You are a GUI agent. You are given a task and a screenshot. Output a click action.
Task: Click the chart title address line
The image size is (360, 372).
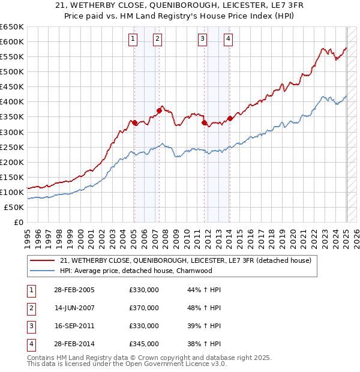point(179,6)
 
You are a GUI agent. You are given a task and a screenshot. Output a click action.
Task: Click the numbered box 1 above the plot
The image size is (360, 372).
point(133,40)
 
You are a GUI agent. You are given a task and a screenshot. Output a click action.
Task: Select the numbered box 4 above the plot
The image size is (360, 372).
point(229,40)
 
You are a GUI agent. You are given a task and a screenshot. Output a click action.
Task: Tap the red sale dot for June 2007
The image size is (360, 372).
point(159,110)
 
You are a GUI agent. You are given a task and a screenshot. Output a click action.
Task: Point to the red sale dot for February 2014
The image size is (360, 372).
point(230,118)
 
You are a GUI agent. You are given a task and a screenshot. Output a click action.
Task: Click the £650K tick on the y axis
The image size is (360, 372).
point(12,27)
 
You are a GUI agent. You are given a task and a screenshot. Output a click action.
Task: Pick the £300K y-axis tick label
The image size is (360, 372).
point(12,132)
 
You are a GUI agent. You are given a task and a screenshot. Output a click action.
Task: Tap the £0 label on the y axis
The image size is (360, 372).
point(18,222)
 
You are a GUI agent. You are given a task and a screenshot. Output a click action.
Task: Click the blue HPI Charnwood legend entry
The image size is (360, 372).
point(144,271)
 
